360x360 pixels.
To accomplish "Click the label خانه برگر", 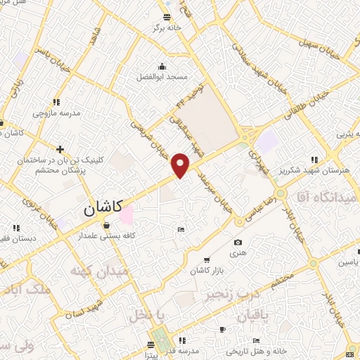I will coord(169,27).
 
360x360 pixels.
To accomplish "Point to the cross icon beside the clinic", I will coord(60,149).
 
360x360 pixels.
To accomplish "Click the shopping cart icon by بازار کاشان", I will coord(205,259).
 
